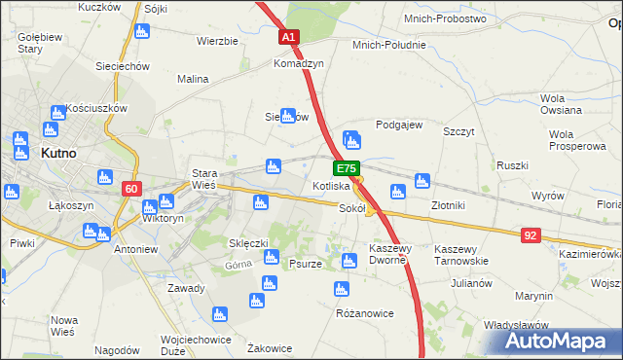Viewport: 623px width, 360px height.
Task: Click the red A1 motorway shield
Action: point(289,37)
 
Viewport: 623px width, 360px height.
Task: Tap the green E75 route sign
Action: point(349,167)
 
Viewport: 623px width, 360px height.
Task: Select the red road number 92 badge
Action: point(530,234)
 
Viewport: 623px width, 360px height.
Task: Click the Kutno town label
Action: point(60,153)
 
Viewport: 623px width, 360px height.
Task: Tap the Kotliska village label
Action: point(331,185)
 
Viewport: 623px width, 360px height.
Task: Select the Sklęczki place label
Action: point(248,242)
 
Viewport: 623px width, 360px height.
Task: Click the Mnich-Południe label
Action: point(389,45)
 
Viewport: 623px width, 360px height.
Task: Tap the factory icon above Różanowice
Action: point(341,289)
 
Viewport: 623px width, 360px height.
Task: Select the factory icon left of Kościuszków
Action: point(58,112)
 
